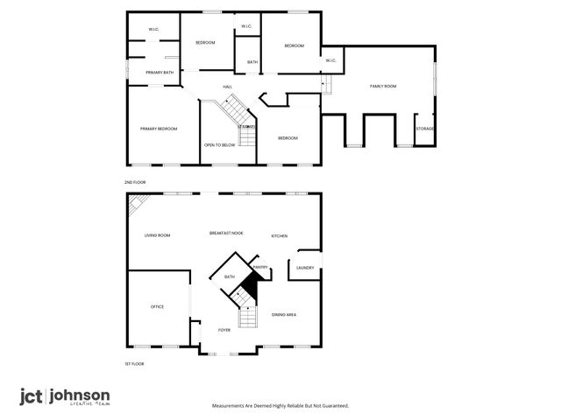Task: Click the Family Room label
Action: tap(383, 86)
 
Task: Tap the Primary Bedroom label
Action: tap(159, 129)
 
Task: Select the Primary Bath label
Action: tap(160, 72)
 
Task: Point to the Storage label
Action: tap(425, 129)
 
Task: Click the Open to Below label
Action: tap(219, 144)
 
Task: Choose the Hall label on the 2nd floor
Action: tap(227, 87)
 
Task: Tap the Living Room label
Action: tap(157, 234)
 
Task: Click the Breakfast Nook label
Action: tap(226, 233)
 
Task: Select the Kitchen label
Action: tap(280, 235)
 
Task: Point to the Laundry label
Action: tap(305, 268)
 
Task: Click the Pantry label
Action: tap(259, 267)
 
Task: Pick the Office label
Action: tap(157, 306)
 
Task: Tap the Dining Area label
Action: tap(283, 313)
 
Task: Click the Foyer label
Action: tap(224, 331)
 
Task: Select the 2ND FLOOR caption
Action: tap(135, 181)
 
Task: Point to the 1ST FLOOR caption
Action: tap(134, 362)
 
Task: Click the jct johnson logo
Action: tap(65, 396)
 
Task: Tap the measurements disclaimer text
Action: tap(280, 405)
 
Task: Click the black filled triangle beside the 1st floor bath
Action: tap(252, 284)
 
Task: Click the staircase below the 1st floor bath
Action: tap(246, 317)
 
